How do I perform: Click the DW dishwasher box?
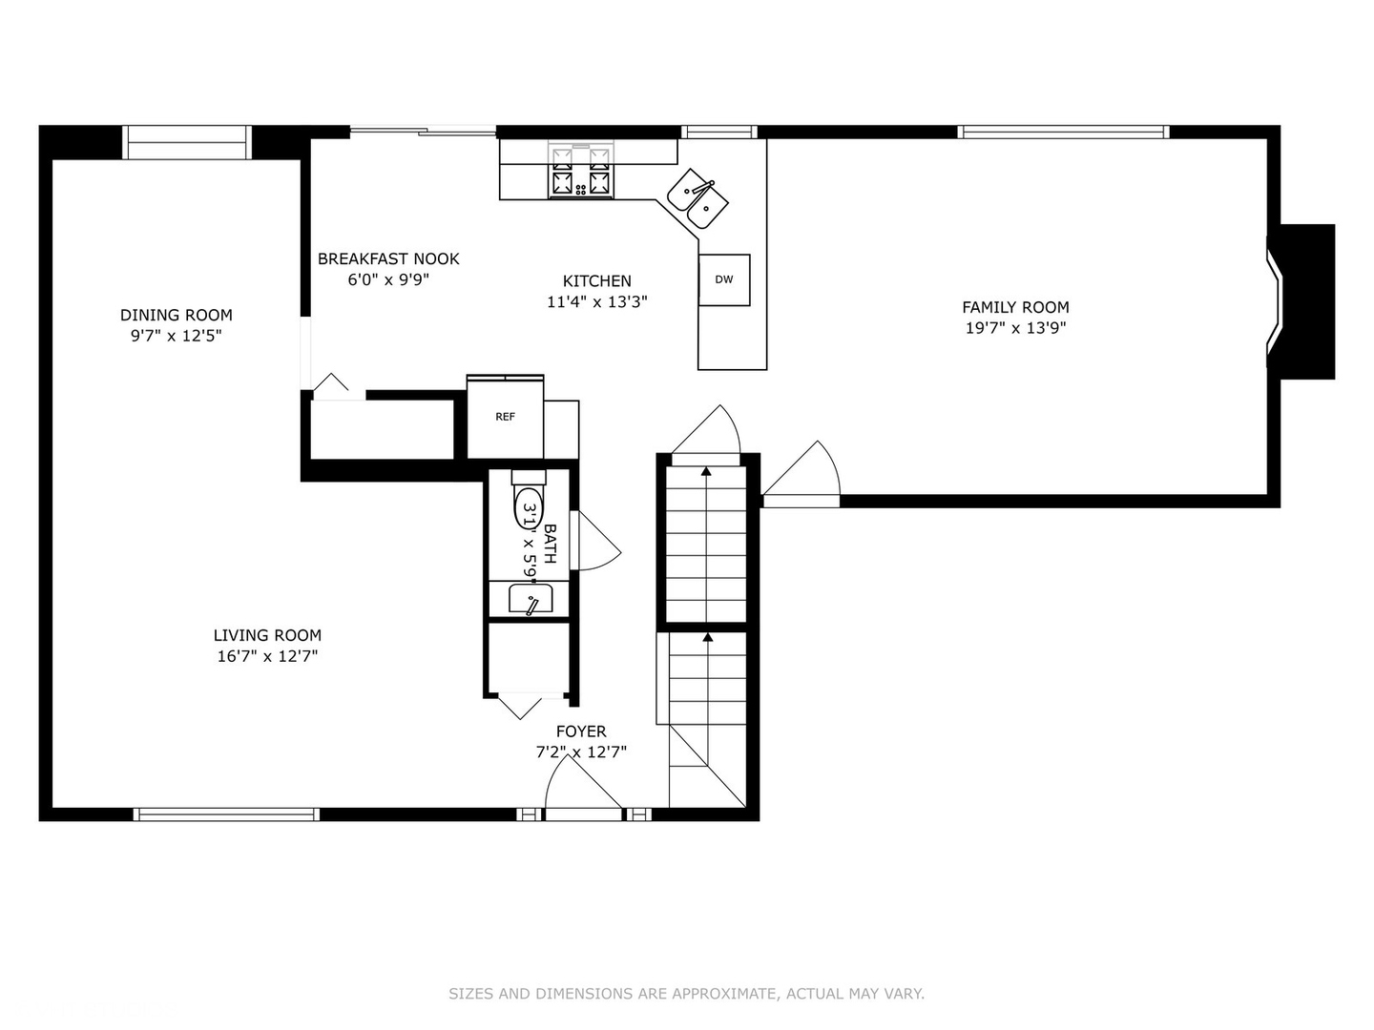click(x=724, y=279)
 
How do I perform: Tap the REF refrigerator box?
click(x=505, y=417)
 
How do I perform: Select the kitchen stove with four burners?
click(x=581, y=170)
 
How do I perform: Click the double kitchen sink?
click(x=697, y=198)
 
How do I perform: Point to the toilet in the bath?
click(x=529, y=501)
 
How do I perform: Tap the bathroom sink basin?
click(x=531, y=599)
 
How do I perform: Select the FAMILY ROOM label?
click(x=1015, y=307)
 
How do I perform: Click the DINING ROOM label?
click(x=176, y=315)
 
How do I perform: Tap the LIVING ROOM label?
click(x=267, y=635)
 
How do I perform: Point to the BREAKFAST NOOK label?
click(x=388, y=258)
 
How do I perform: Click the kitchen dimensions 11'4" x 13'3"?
click(x=596, y=302)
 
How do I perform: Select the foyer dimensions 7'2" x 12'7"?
click(x=581, y=752)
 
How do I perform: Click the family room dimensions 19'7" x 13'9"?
click(x=1015, y=328)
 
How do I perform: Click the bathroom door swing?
click(x=599, y=541)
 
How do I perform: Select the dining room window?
click(x=186, y=143)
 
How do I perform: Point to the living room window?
click(x=226, y=814)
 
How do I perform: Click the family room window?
click(x=1063, y=132)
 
